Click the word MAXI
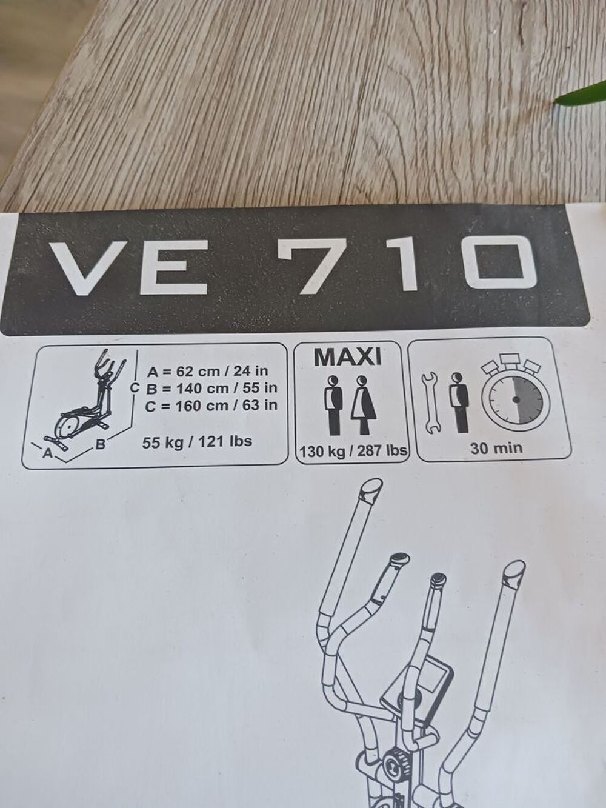[348, 357]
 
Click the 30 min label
[495, 448]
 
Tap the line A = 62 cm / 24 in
[207, 371]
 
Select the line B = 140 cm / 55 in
[211, 389]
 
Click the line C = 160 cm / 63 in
[211, 406]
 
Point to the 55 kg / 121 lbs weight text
[197, 442]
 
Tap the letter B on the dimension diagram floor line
[100, 444]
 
